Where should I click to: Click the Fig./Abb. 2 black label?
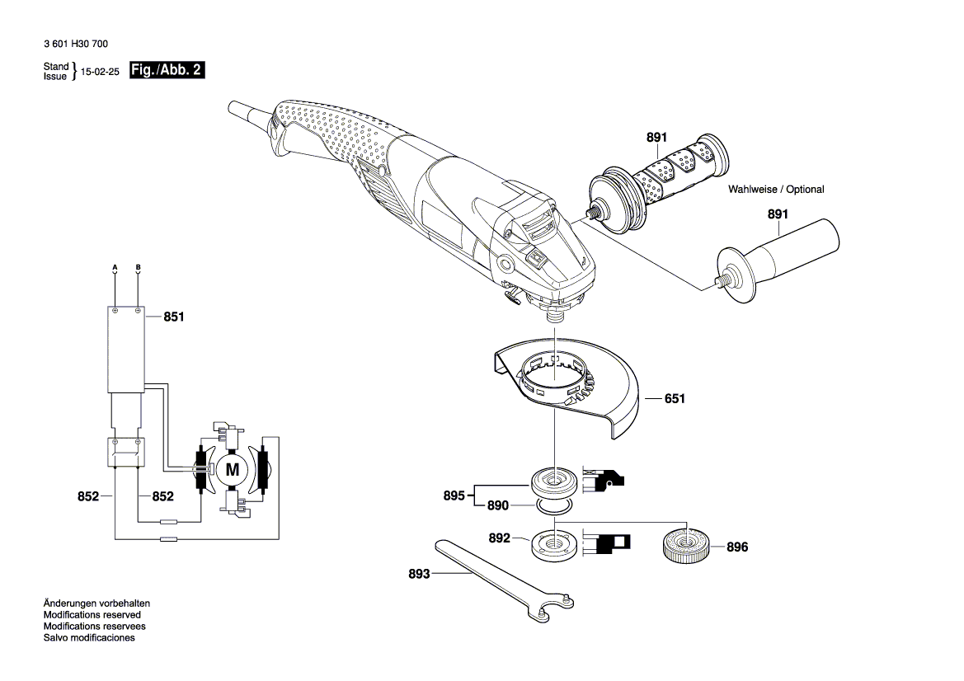tap(167, 71)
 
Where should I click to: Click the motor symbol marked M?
tap(232, 471)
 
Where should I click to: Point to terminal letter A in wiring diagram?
tap(115, 267)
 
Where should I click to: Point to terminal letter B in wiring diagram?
tap(138, 267)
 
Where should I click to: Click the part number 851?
tap(174, 316)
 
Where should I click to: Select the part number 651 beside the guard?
tap(675, 399)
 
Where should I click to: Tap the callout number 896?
tap(737, 547)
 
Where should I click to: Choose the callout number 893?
tap(419, 574)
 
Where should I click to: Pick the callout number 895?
tap(454, 495)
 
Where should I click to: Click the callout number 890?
tap(497, 505)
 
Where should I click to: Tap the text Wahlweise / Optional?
tap(775, 190)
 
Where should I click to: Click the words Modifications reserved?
tap(92, 615)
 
